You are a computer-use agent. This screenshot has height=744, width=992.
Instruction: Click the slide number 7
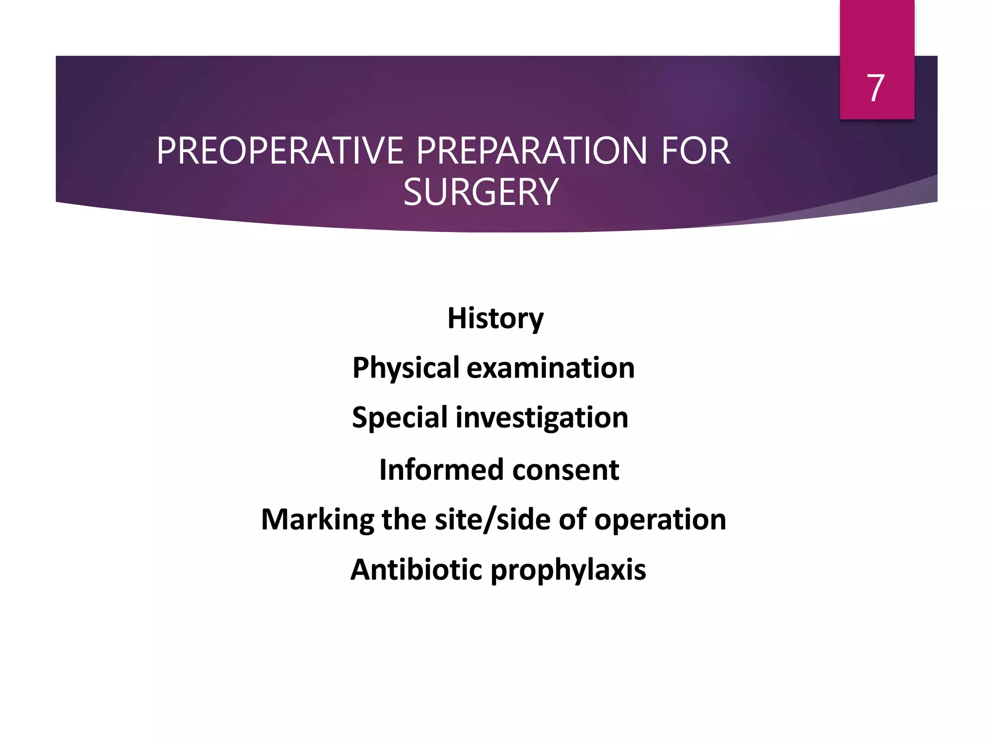pos(876,88)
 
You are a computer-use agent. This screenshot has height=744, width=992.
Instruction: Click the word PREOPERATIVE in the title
pos(280,151)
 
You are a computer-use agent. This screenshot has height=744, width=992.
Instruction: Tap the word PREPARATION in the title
pos(531,151)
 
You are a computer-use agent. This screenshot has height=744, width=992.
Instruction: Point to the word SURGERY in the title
pos(481,192)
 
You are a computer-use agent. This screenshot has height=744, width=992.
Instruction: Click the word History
pos(495,318)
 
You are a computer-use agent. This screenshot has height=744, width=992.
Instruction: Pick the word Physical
pos(405,368)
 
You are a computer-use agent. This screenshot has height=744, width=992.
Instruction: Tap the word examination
pos(550,368)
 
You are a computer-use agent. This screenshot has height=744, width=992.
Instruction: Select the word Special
pos(400,418)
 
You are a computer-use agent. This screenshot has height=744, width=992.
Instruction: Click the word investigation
pos(542,418)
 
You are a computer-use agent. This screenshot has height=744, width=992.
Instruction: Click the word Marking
pos(317,520)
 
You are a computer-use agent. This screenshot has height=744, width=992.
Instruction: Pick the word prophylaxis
pos(568,570)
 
